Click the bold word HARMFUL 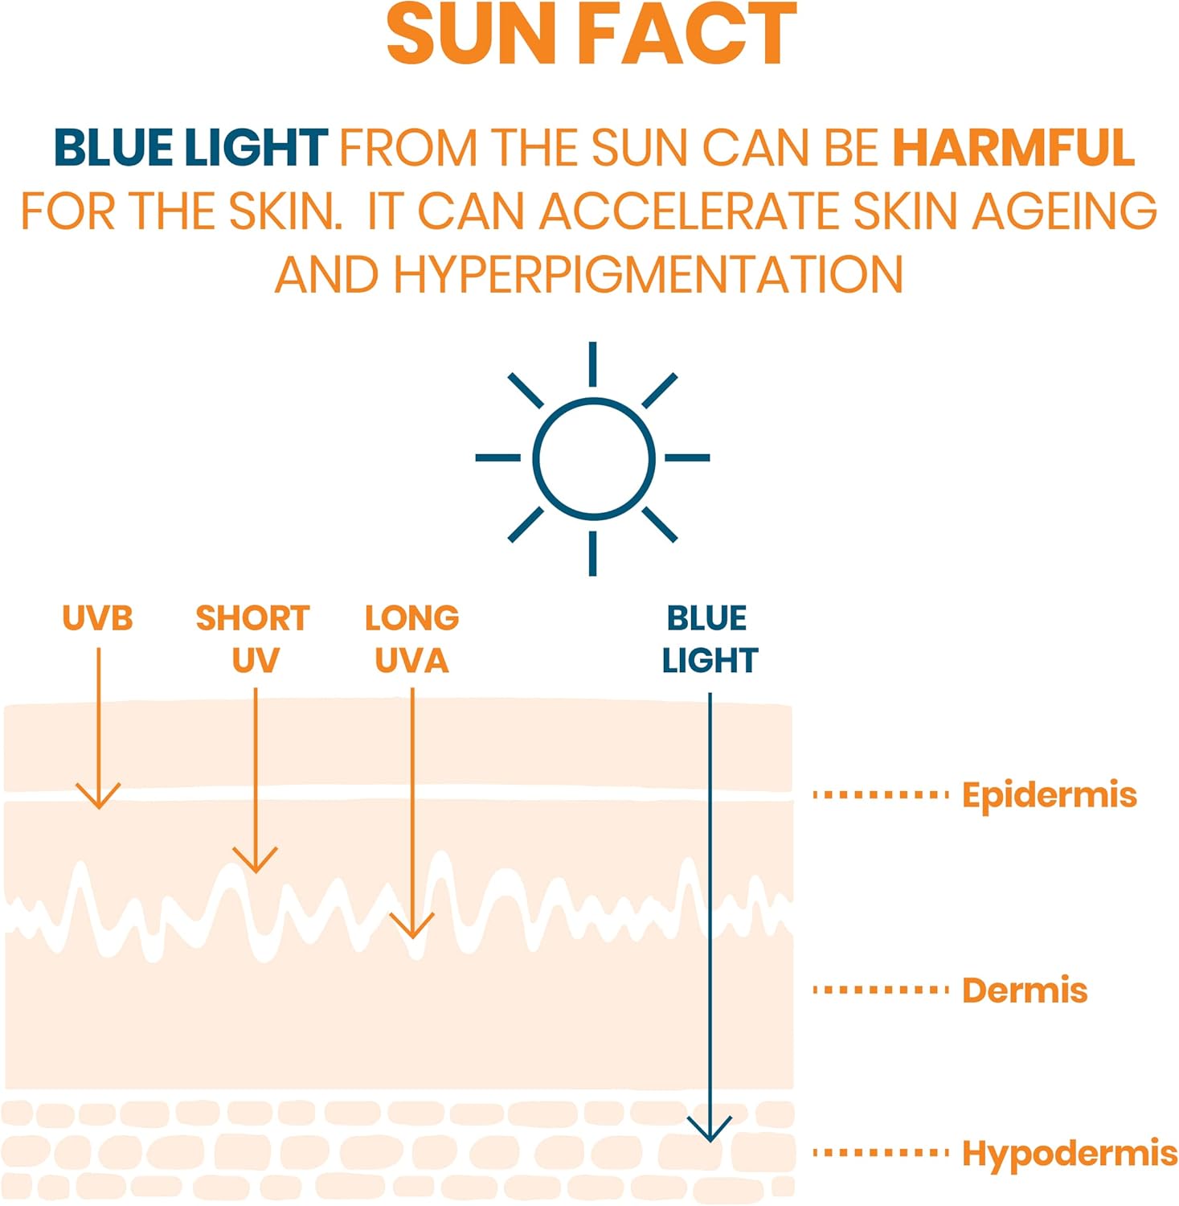pos(1013,148)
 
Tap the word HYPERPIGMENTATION pos(648,275)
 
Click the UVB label pos(97,618)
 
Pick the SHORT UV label pos(253,639)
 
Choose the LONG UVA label pos(411,639)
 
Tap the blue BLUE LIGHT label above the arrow pos(709,639)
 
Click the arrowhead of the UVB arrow pos(98,801)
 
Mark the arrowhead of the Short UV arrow pos(256,865)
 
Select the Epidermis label pos(1049,795)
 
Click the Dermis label pos(1024,990)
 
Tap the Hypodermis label pos(1069,1153)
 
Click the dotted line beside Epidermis pos(881,795)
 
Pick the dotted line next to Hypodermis pos(881,1153)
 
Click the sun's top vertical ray pos(592,364)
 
